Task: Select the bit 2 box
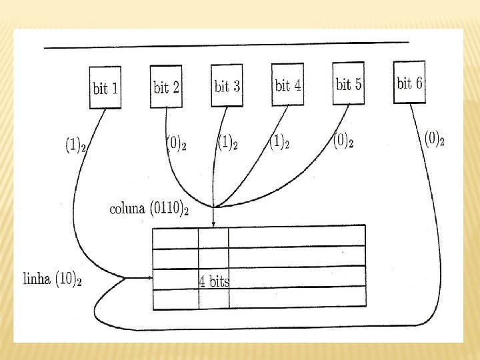(166, 86)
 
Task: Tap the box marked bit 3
(227, 85)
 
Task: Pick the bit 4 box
(288, 85)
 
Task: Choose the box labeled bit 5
(349, 83)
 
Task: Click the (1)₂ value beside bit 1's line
(75, 144)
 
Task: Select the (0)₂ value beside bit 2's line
(175, 143)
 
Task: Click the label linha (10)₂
(53, 279)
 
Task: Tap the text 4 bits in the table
(213, 281)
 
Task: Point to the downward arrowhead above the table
(213, 225)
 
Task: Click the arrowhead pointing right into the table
(148, 278)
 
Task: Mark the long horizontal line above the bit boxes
(227, 45)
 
